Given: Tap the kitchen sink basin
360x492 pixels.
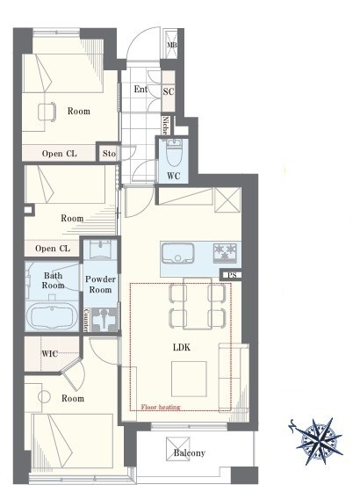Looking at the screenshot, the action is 177,253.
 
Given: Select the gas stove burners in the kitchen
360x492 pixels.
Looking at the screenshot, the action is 225,252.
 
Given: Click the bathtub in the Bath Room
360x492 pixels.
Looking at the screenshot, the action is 52,315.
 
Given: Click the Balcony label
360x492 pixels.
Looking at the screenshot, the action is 190,452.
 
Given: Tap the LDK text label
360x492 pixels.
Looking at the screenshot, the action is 182,347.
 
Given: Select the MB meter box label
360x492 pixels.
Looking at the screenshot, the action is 172,45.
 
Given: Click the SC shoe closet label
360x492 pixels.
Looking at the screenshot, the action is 169,91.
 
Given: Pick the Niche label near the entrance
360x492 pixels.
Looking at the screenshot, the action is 166,126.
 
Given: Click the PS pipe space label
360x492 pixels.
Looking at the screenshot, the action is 232,275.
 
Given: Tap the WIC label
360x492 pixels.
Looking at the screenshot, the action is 49,353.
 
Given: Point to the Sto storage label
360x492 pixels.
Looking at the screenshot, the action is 109,154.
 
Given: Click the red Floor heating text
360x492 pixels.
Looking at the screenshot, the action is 161,407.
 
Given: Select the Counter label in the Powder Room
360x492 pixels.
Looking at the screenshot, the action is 86,320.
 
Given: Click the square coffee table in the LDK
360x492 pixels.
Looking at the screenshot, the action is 189,379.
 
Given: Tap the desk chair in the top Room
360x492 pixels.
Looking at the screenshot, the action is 47,112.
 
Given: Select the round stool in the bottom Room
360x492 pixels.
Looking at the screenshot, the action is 44,396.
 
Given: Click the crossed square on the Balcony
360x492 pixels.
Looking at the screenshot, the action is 177,449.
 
